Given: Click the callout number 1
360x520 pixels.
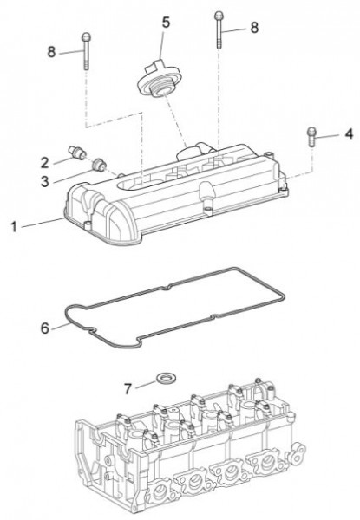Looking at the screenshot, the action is [14, 227].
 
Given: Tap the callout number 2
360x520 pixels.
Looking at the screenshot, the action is [45, 163].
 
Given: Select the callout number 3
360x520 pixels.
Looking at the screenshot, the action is [45, 181].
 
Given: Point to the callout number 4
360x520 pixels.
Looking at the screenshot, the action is [349, 134].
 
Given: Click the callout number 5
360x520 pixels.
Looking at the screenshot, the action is [166, 23].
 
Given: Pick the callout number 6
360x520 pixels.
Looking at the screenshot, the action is [45, 328].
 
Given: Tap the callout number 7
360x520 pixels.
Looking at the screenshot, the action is [128, 388].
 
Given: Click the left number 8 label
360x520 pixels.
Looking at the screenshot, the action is [51, 52].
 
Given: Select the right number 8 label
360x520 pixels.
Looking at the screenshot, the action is [254, 28].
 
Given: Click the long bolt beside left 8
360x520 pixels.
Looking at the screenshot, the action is [86, 51].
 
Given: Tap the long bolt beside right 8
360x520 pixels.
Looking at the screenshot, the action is [219, 30].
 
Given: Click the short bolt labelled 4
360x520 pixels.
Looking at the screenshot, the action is [311, 136].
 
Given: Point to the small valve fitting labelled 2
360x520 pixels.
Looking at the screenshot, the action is [77, 151].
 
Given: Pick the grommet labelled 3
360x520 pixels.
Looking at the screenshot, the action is [99, 165].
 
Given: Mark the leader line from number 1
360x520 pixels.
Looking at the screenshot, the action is [42, 223].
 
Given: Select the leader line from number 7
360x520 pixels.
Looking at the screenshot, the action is [146, 384].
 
